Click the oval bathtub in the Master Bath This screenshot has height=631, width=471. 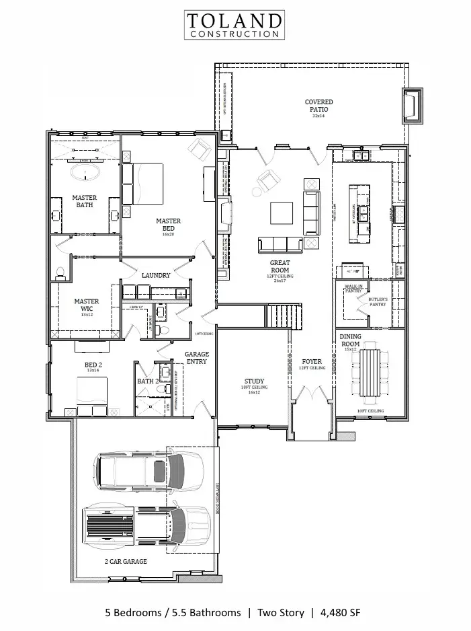point(88,175)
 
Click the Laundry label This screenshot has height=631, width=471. point(155,275)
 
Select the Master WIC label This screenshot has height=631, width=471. point(87,305)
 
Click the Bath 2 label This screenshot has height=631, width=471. point(147,381)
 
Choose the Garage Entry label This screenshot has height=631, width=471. point(197,357)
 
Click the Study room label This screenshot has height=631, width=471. point(254,381)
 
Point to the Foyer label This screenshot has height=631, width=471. point(312,362)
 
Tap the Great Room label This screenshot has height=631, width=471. point(280,266)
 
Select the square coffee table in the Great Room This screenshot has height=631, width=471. point(282,213)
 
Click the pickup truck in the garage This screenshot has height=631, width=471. point(146,526)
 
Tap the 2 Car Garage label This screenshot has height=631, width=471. point(126,561)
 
